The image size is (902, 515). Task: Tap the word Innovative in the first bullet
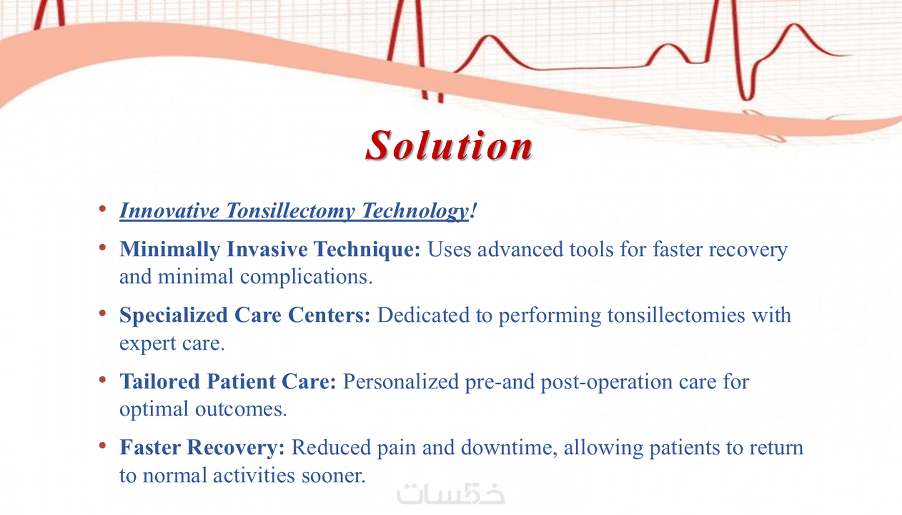[x=170, y=211]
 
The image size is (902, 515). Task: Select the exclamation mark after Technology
[x=473, y=210]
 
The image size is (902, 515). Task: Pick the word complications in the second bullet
[x=307, y=277]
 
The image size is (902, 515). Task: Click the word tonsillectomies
[x=676, y=315]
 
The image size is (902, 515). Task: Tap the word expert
[x=148, y=344]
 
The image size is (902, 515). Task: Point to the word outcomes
[x=241, y=409]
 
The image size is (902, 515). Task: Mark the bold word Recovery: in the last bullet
[x=236, y=448]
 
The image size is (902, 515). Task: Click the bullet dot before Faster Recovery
[x=102, y=445]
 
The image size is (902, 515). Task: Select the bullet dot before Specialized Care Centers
[x=102, y=313]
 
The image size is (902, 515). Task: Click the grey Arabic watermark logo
[x=450, y=494]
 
